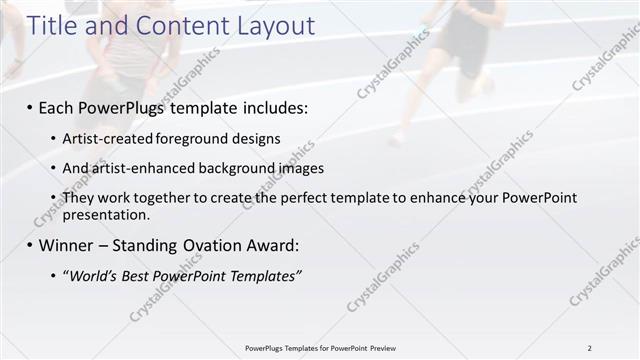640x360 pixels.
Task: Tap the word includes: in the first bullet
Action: coord(271,106)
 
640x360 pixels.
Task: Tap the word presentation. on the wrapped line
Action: coord(106,214)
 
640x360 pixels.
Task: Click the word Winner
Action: coord(65,245)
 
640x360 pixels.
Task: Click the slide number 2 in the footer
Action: coord(589,348)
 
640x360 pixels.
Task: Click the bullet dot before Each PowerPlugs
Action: coord(30,107)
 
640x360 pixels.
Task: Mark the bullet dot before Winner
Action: coord(30,246)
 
